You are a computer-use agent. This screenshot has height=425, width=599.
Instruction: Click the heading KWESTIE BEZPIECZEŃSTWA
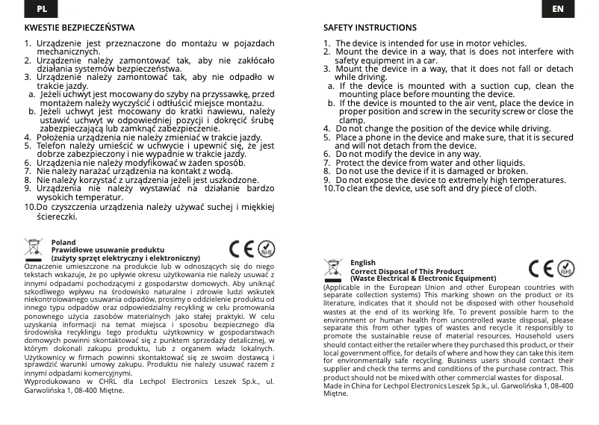[x=80, y=28]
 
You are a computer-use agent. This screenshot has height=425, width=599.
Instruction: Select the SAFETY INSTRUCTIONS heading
[x=370, y=28]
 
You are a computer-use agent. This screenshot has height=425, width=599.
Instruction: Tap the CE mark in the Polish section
[x=241, y=250]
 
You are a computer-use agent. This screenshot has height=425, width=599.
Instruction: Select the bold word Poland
[x=63, y=243]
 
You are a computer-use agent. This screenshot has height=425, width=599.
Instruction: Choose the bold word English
[x=363, y=263]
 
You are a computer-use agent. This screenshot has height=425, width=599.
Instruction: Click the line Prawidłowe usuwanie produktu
[x=108, y=250]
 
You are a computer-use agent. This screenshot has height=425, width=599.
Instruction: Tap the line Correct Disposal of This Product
[x=407, y=271]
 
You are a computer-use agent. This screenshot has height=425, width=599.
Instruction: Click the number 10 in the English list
[x=329, y=188]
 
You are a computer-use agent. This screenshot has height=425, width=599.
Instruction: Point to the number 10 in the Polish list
[x=30, y=206]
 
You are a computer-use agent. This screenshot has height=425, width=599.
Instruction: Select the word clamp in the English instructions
[x=352, y=120]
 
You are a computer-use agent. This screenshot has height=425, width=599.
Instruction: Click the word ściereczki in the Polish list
[x=57, y=216]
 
